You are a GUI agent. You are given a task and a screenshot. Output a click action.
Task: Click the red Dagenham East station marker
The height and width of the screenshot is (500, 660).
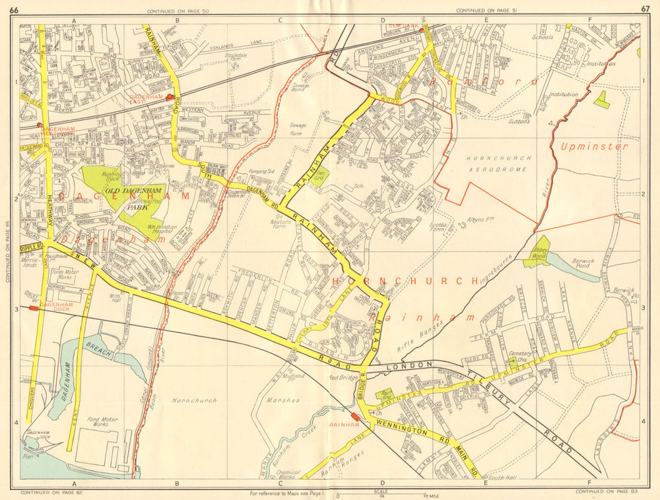170,97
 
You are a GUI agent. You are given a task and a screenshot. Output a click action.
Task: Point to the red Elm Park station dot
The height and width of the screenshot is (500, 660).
421,30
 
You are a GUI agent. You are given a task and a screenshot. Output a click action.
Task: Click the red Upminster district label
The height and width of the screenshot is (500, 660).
594,146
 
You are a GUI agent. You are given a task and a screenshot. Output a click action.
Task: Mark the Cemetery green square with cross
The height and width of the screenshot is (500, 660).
512,361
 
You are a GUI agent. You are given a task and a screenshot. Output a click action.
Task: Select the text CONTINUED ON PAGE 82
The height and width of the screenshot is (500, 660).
47,492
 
